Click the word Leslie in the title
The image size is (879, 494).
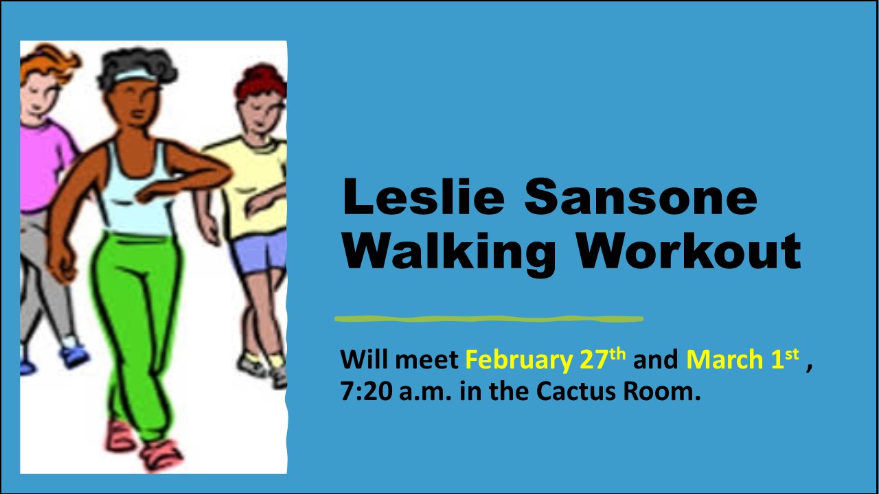tap(424, 196)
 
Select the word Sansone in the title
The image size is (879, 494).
tap(641, 196)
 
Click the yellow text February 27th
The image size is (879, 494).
tap(545, 360)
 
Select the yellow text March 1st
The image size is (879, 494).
tap(742, 359)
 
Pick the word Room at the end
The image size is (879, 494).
tap(661, 391)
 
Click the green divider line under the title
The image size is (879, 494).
tap(489, 319)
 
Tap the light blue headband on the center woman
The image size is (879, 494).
tap(135, 75)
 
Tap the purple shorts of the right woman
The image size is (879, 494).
tap(260, 252)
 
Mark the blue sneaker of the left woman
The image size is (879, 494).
tap(74, 356)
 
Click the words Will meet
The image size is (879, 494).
tap(399, 360)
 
